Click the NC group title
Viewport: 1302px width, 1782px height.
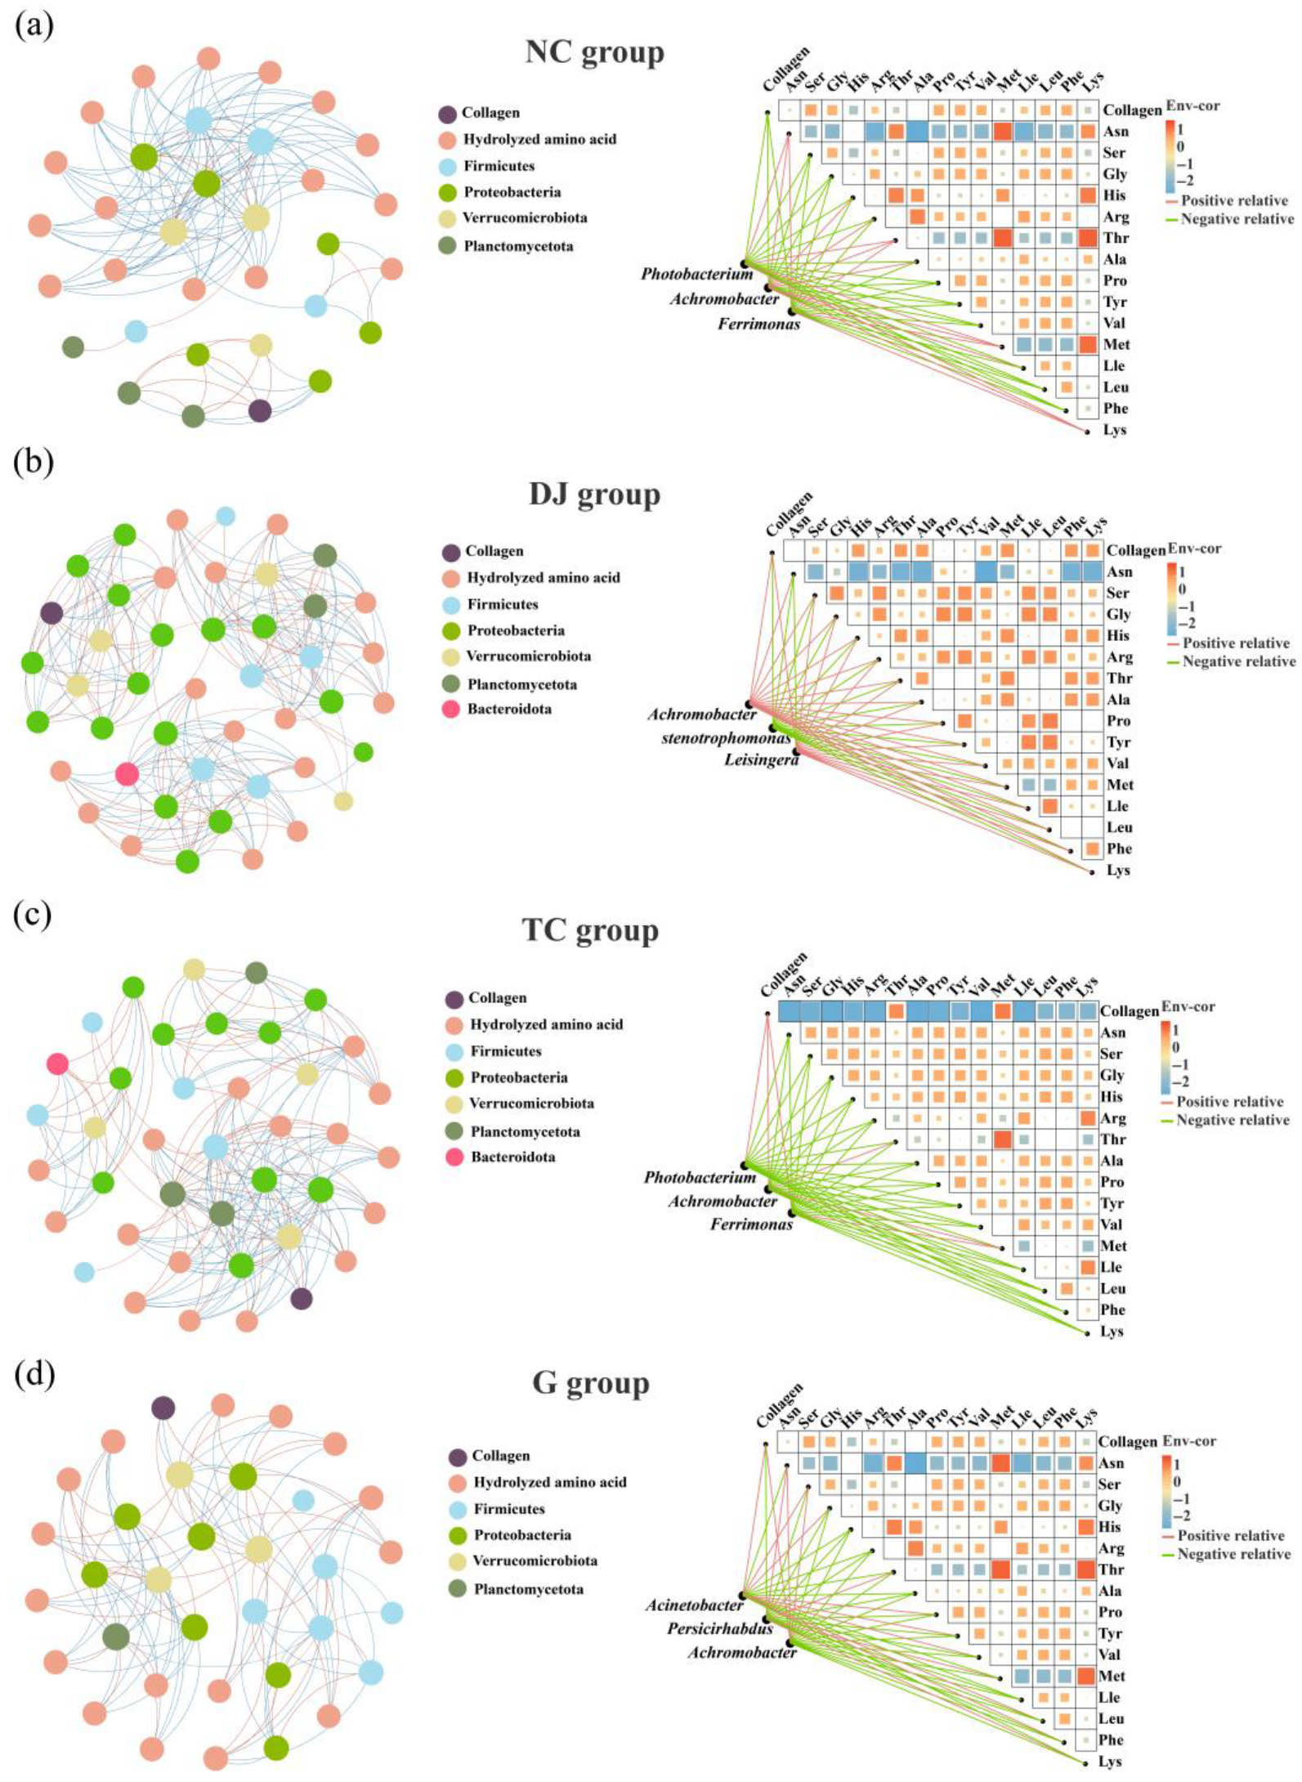pos(594,52)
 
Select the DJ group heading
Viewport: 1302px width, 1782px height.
pos(594,495)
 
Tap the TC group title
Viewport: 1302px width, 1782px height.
pos(590,930)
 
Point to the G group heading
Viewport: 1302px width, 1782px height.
pos(590,1382)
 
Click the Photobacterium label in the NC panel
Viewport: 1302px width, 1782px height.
pos(696,274)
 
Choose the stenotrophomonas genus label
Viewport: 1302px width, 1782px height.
pos(726,738)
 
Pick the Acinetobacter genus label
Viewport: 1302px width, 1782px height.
pos(694,1605)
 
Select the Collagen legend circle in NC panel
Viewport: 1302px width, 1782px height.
pos(447,114)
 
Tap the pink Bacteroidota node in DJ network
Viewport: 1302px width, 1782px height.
pos(127,773)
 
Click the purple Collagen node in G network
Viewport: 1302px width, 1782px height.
pos(163,1408)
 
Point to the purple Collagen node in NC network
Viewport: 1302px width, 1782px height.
pos(260,410)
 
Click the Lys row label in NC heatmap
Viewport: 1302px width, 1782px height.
pos(1114,430)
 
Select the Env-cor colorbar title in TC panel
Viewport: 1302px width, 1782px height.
pos(1188,1006)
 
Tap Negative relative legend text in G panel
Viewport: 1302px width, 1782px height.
pos(1233,1554)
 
